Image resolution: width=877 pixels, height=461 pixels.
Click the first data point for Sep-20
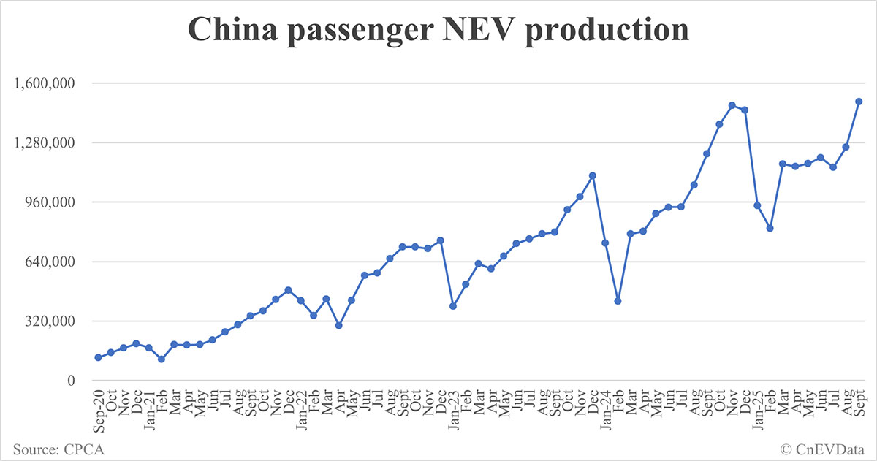click(x=98, y=357)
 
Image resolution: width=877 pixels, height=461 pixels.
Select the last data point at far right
click(x=859, y=102)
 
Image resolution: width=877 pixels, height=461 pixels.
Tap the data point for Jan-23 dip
click(x=453, y=306)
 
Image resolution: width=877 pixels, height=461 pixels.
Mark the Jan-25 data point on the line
click(x=757, y=205)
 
